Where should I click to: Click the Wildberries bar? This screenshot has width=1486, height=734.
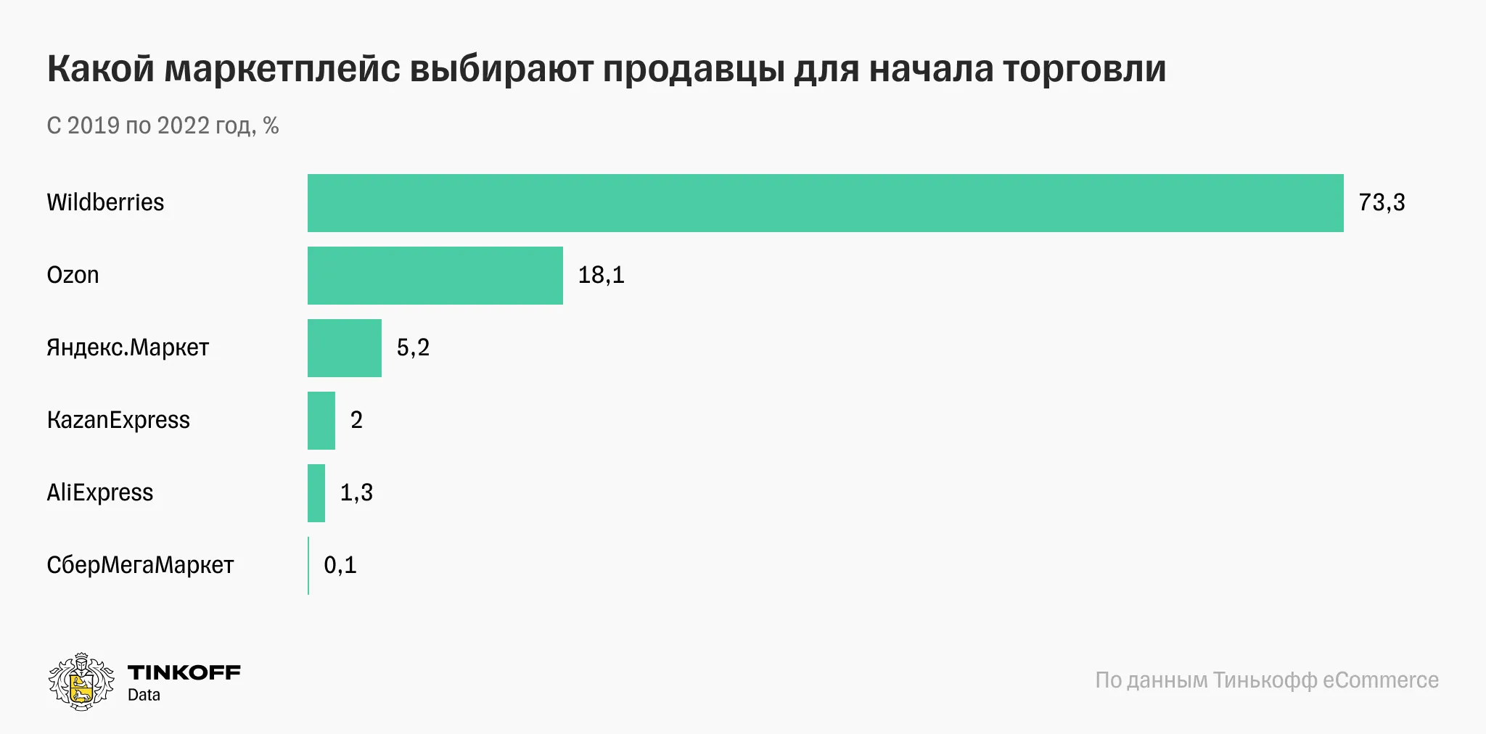point(825,203)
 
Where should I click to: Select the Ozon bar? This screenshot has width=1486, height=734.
point(435,276)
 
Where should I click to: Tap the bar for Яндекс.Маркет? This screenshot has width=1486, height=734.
point(344,348)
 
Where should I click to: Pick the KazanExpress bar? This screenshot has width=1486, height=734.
point(321,421)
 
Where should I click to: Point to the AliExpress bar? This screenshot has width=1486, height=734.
point(316,493)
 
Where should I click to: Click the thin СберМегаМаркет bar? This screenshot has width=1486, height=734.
point(308,566)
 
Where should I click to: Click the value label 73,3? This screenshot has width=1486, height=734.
point(1382,202)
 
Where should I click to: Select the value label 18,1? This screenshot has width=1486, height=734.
point(601,275)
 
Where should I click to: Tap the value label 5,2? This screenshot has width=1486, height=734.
point(413,347)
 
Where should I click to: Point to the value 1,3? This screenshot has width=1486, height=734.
point(356,492)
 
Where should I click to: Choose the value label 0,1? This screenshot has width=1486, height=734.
point(340,565)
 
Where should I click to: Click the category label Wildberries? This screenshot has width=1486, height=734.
point(105,202)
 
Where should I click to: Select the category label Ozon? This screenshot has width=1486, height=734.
point(73,275)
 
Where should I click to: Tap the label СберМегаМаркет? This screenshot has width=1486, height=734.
point(140,565)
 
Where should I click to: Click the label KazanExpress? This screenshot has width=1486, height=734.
point(118,420)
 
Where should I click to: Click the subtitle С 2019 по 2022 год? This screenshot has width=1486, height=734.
point(163,125)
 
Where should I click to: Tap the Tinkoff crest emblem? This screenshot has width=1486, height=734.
point(81,681)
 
